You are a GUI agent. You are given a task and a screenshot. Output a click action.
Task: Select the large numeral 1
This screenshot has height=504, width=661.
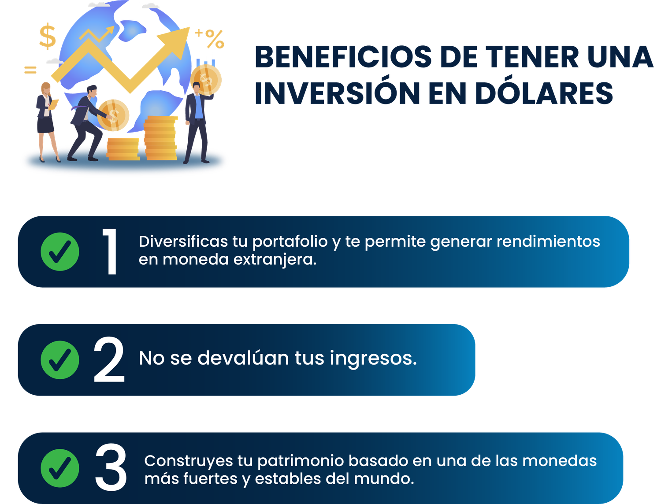click(x=111, y=252)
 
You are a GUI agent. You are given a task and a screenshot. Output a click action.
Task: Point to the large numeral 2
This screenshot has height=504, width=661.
click(x=109, y=359)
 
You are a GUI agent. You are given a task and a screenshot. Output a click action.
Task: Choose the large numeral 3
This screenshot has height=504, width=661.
click(x=111, y=467)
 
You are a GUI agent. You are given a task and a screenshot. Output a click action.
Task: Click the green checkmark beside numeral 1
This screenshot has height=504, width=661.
click(x=60, y=252)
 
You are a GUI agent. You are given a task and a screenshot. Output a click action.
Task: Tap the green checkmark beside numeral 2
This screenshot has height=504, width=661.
click(x=60, y=360)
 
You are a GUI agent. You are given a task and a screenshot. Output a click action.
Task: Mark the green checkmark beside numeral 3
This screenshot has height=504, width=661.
click(x=60, y=468)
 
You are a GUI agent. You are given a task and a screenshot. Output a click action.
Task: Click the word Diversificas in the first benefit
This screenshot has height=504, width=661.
click(x=183, y=241)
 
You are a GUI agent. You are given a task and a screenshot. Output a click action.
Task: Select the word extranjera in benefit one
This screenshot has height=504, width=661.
click(x=275, y=260)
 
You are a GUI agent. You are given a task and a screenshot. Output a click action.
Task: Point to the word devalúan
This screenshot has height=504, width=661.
click(x=243, y=358)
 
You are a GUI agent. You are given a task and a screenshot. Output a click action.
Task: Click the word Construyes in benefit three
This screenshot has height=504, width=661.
click(x=189, y=461)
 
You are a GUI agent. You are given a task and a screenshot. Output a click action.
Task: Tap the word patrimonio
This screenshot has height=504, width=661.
click(x=300, y=461)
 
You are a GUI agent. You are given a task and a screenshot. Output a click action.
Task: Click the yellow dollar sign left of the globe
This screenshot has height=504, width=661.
click(x=48, y=36)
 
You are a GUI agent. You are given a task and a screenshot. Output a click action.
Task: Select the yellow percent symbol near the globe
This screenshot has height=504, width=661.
click(x=215, y=39)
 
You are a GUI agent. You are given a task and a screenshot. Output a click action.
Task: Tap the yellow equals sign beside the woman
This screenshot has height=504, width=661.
click(x=30, y=70)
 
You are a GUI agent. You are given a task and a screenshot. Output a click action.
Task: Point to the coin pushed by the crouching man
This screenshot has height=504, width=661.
click(x=113, y=115)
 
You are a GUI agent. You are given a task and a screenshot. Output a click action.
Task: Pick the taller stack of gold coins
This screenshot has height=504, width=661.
click(x=160, y=138)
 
